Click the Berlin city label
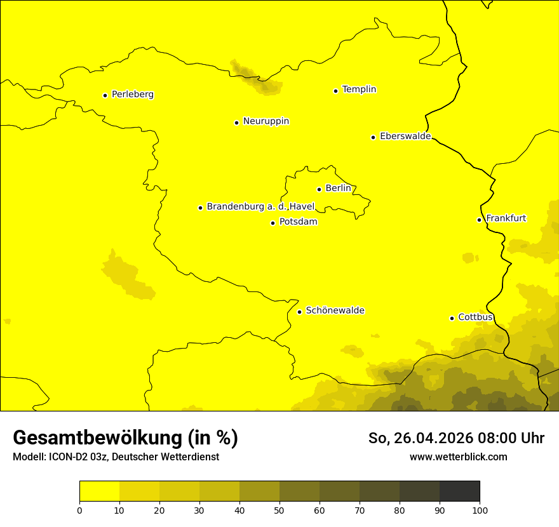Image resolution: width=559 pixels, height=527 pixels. point(338,189)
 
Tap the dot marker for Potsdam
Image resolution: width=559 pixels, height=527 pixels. point(273,223)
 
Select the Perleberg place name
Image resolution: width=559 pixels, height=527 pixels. point(133,95)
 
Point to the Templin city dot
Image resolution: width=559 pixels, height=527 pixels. point(335,91)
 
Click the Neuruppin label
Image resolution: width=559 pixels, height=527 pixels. point(266,121)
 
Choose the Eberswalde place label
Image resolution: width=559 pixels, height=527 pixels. point(405,137)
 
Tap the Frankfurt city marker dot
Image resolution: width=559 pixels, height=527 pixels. point(479,220)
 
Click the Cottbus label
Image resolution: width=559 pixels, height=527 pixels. point(475,317)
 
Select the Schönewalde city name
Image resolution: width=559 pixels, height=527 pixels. point(335,310)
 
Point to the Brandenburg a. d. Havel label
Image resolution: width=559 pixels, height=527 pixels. point(260,207)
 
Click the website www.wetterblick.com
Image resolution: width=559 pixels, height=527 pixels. point(459,457)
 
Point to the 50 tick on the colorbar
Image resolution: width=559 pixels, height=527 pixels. point(279,510)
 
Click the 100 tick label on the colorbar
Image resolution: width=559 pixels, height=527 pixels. point(480,510)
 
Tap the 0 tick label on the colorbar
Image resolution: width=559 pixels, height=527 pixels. point(79,510)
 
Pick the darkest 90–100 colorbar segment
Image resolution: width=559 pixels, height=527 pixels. point(459,491)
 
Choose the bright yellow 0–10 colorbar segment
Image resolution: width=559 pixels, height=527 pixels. point(99,491)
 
